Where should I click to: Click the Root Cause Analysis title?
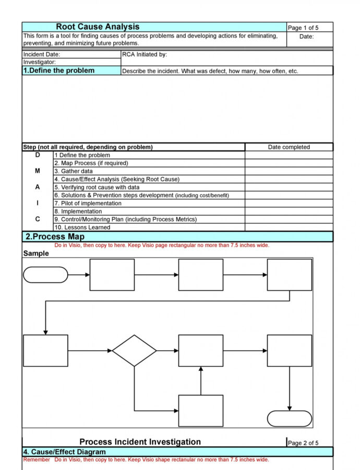98,27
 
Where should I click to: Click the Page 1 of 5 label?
303,28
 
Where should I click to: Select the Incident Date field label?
42,54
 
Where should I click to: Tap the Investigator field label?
40,62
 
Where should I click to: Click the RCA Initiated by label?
145,54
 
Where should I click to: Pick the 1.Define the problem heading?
59,70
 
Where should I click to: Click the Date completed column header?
289,147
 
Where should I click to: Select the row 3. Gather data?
74,171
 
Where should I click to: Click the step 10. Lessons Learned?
82,228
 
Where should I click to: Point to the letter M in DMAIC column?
37,171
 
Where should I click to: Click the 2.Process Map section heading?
55,237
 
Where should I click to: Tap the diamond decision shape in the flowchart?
134,350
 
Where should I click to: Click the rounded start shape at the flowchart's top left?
45,275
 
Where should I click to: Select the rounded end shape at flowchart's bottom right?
290,418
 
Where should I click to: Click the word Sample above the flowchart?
36,253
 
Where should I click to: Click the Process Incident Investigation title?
140,442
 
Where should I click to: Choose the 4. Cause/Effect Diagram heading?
64,452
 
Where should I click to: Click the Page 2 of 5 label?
303,443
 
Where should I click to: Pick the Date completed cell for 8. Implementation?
289,211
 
